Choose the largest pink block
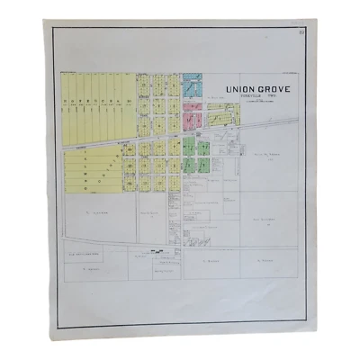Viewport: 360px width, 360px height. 191,118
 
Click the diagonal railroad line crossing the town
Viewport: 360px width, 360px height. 135,141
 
